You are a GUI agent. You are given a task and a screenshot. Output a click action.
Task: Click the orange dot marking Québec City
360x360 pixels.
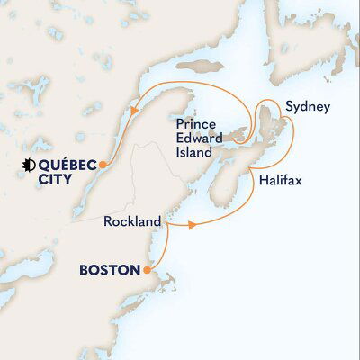coord(103,164)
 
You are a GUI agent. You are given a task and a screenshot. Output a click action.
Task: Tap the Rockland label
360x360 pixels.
coord(132,220)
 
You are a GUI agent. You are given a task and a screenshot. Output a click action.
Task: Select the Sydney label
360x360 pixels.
coord(306,107)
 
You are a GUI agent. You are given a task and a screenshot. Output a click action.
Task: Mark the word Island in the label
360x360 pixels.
coord(195,154)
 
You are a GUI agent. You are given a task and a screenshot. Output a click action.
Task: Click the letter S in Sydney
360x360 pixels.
coord(288,107)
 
